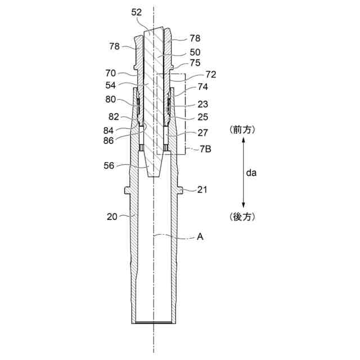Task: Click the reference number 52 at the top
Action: pyautogui.click(x=136, y=12)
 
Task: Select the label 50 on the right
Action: pyautogui.click(x=195, y=52)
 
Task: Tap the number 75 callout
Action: pyautogui.click(x=195, y=63)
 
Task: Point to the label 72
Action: pyautogui.click(x=211, y=75)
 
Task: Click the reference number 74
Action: pyautogui.click(x=202, y=87)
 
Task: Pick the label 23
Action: pyautogui.click(x=202, y=104)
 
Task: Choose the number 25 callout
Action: pyautogui.click(x=202, y=117)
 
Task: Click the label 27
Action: pyautogui.click(x=202, y=133)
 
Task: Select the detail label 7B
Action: pyautogui.click(x=205, y=149)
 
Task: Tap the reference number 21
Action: pyautogui.click(x=202, y=190)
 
